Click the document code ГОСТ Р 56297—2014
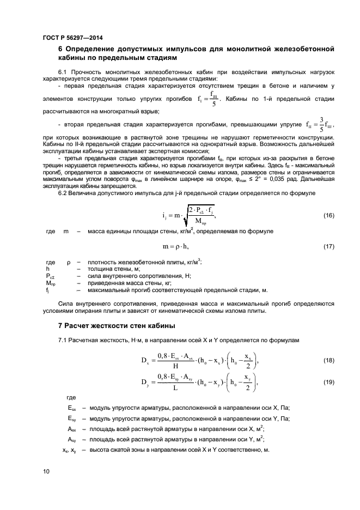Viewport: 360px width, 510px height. point(72,38)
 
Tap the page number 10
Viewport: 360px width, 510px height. point(46,472)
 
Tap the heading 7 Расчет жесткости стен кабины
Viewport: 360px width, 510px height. point(117,326)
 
